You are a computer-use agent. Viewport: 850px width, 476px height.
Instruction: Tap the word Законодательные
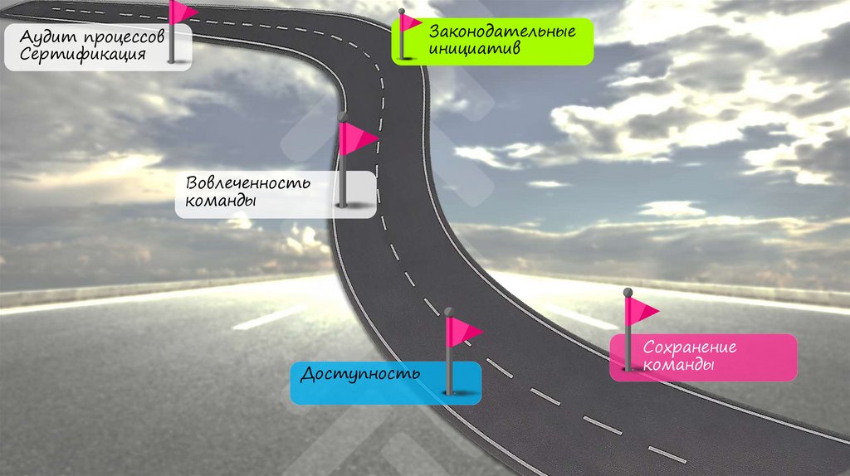point(502,32)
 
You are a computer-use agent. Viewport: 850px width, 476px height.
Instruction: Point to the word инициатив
point(474,49)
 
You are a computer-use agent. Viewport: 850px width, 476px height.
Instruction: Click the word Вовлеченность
point(248,183)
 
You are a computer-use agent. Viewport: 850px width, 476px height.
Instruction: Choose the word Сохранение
point(690,347)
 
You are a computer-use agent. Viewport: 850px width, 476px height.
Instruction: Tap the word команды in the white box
point(220,202)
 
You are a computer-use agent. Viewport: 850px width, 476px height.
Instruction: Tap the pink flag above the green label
point(411,22)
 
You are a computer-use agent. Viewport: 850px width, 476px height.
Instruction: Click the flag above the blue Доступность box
point(464,332)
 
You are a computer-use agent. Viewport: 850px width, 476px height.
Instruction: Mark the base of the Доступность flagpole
point(448,391)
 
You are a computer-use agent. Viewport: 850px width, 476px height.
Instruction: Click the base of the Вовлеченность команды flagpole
point(341,204)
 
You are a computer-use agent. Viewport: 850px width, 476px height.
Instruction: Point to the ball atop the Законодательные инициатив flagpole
point(402,12)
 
